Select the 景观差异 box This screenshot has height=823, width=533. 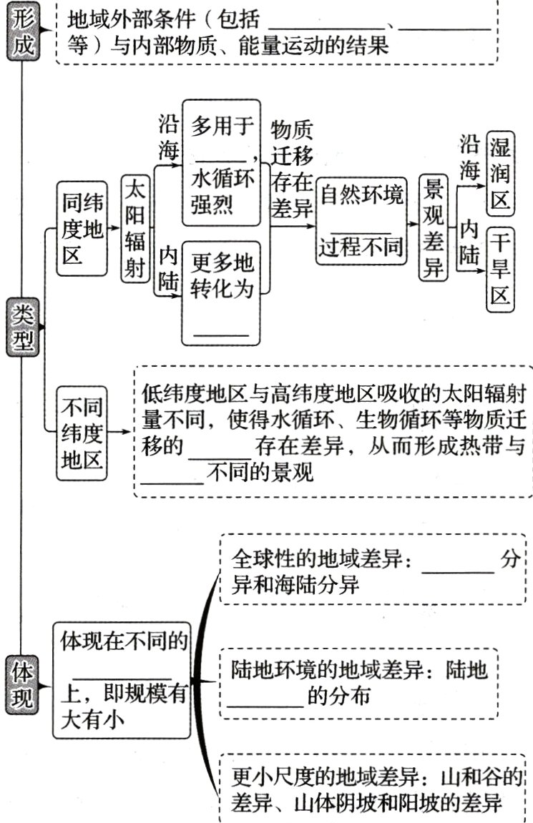[x=433, y=229]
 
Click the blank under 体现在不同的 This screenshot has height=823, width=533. [x=122, y=676]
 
